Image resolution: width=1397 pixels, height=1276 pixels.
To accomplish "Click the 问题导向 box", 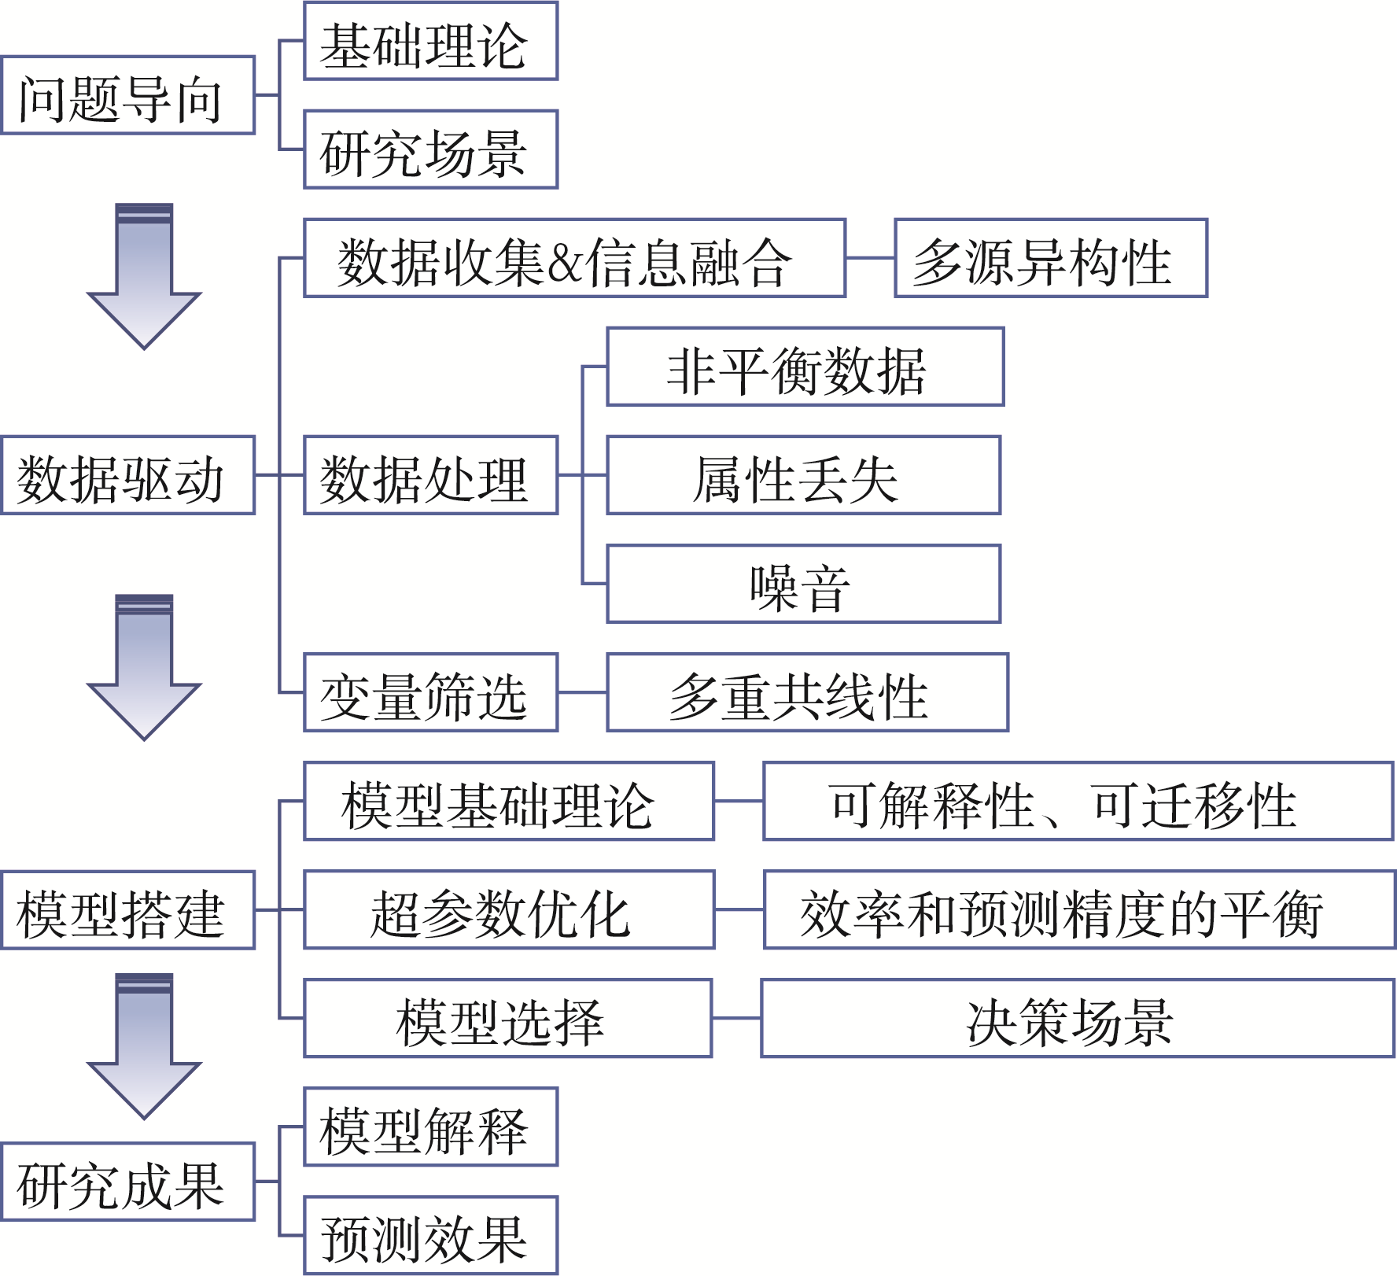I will coord(128,95).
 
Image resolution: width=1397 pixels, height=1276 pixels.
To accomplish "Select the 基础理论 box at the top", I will coord(430,41).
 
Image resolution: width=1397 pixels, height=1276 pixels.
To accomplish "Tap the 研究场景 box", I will coord(430,149).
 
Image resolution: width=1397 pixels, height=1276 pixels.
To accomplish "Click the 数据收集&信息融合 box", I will coord(574,258).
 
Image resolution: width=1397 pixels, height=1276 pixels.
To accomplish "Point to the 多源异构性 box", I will coord(1050,258).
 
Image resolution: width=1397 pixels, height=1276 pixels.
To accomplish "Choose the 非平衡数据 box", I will coord(805,367).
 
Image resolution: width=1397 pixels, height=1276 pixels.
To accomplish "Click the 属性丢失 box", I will coord(803,475).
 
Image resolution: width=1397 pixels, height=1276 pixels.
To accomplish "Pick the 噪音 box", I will coord(803,584).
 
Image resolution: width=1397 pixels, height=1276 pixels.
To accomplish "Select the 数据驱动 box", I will coord(128,475).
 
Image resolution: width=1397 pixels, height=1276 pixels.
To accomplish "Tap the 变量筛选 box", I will coord(430,692).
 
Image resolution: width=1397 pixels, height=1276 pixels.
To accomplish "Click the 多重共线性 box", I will coord(807,692).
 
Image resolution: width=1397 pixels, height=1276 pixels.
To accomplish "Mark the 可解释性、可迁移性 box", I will coord(1078,801).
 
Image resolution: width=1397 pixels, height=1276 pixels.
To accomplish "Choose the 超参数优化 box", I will coord(509,909).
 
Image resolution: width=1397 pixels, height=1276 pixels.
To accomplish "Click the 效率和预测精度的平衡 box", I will coord(1078,909).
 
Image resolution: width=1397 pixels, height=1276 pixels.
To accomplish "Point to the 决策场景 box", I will coord(1077,1018).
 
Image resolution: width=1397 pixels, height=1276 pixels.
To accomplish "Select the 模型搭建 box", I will coord(128,910).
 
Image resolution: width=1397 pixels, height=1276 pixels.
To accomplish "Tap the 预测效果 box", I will coord(430,1235).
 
